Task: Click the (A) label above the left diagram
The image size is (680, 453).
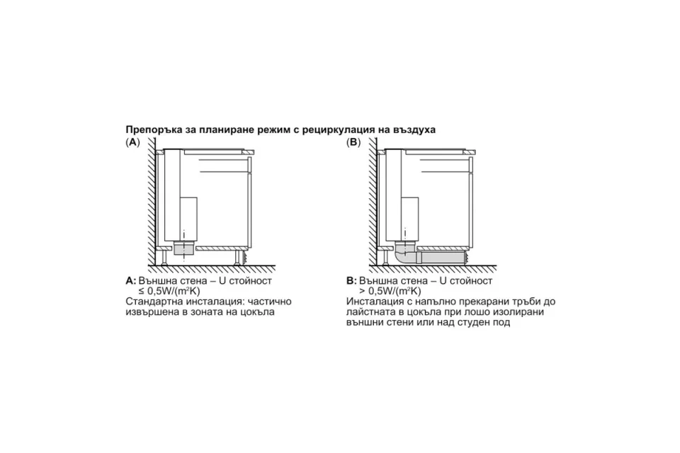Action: (x=132, y=142)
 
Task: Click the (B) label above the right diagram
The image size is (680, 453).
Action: (x=353, y=142)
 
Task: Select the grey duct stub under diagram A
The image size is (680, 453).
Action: (x=184, y=250)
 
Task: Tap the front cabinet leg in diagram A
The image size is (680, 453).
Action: (x=238, y=258)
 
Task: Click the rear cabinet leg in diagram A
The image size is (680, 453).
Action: (x=164, y=258)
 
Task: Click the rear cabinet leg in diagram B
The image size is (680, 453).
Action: (x=385, y=258)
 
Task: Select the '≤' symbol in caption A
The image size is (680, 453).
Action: (x=135, y=292)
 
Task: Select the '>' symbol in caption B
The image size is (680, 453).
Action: (x=363, y=292)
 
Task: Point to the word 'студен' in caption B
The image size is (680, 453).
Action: (x=472, y=323)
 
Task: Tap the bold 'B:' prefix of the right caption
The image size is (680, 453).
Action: (x=351, y=280)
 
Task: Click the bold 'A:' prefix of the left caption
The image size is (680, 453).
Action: (x=131, y=280)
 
